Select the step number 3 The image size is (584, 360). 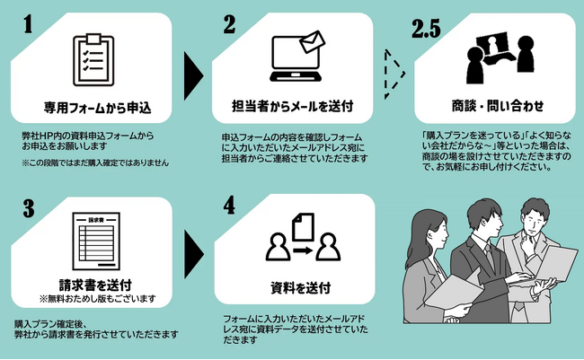click(x=27, y=207)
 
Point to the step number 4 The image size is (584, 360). click(x=230, y=206)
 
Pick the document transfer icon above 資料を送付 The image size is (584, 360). click(x=304, y=238)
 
